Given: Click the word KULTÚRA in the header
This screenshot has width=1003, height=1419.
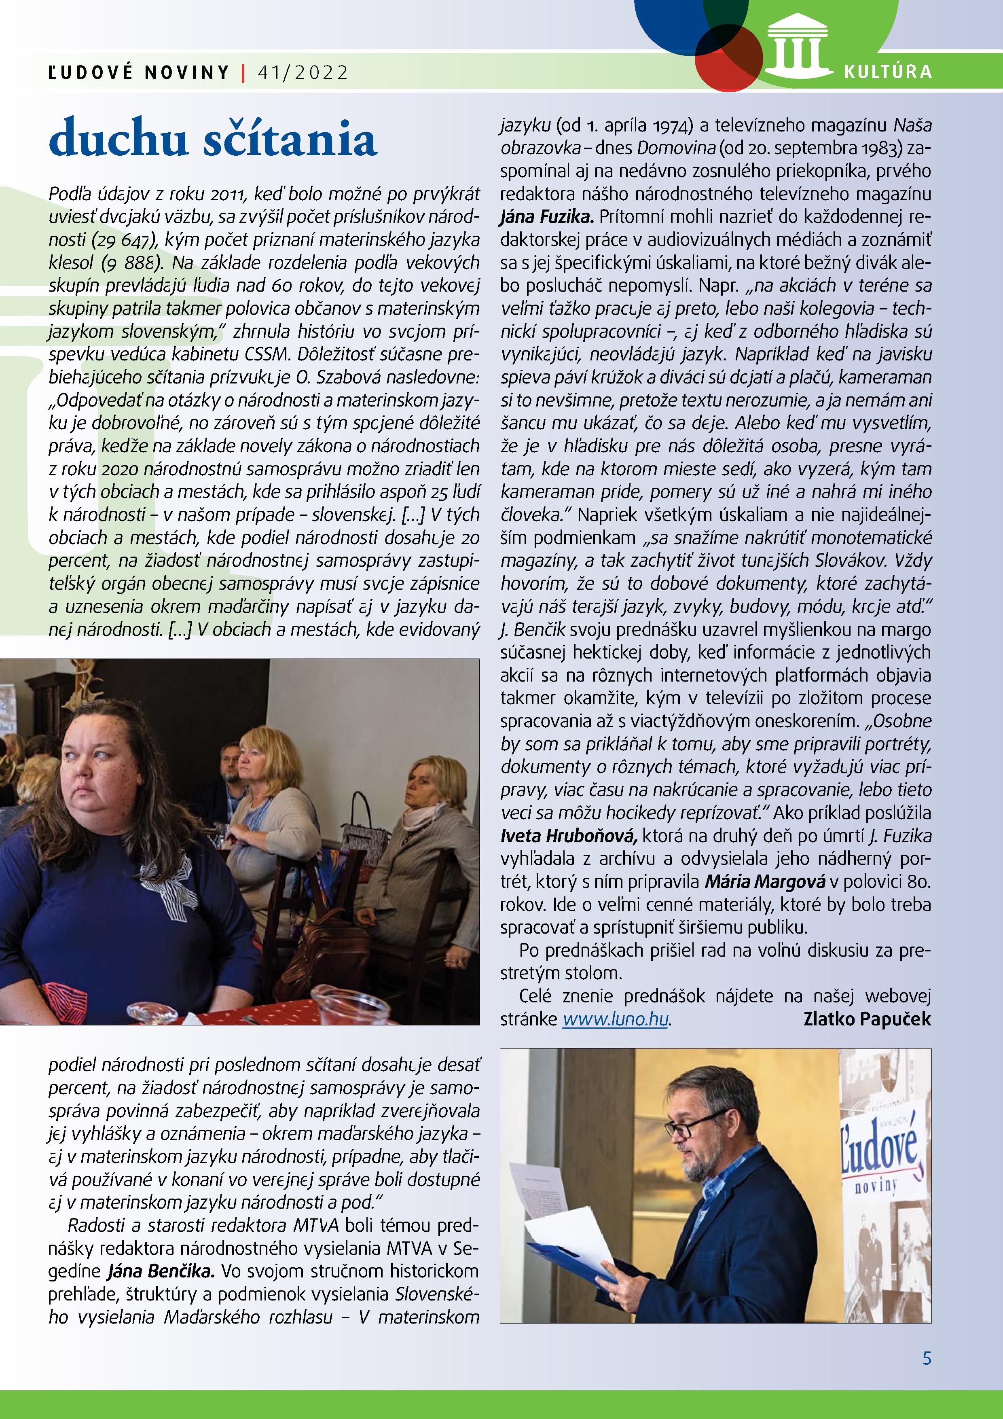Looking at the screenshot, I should click(887, 72).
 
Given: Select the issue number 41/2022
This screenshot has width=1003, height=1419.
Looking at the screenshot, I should click(303, 73).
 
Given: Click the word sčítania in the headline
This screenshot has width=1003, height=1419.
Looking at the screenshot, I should click(290, 140).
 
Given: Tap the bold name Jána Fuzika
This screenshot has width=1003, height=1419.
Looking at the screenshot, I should click(546, 217).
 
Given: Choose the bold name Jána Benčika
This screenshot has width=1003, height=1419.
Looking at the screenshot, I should click(161, 1271).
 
